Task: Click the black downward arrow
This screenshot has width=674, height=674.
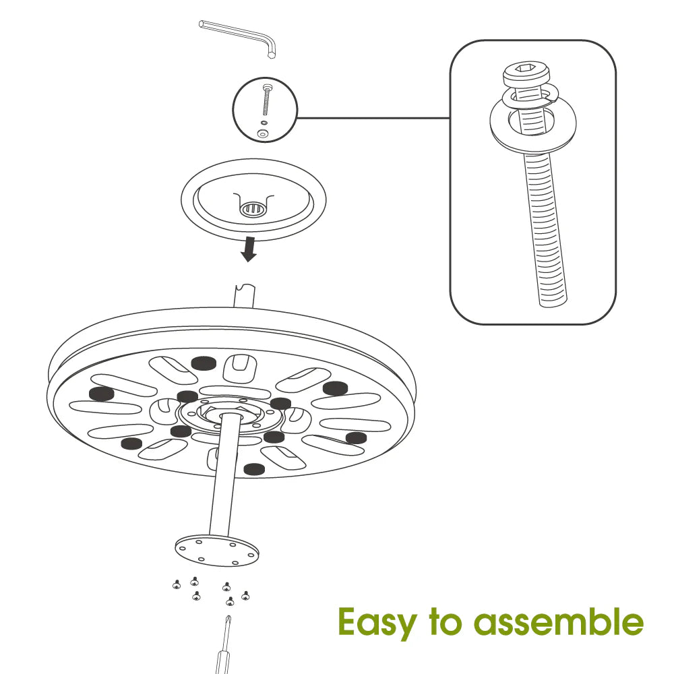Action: click(249, 249)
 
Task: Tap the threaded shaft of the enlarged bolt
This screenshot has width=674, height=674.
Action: click(544, 228)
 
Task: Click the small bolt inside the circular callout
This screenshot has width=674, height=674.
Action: click(266, 100)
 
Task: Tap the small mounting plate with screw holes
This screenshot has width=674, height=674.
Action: click(217, 551)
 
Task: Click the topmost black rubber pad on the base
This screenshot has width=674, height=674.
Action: click(204, 363)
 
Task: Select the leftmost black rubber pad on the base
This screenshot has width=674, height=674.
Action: click(100, 393)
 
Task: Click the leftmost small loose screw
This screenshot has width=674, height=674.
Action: click(176, 584)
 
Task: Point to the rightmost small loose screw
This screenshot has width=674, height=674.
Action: click(245, 595)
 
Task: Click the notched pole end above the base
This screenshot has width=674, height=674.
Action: click(244, 295)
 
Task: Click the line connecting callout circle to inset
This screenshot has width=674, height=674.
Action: click(373, 118)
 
